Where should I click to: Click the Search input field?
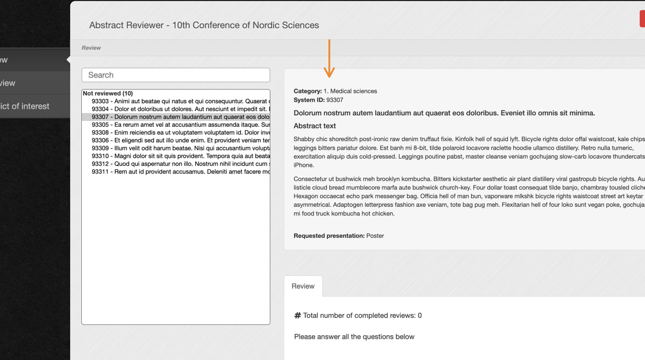coord(176,75)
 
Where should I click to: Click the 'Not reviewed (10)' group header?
coord(108,93)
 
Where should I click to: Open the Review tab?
coord(303,286)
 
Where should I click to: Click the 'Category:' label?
coord(308,91)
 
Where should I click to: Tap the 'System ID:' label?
coord(309,100)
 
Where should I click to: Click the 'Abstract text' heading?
coord(314,126)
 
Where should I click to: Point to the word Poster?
coord(375,236)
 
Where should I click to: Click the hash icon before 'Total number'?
coord(298,316)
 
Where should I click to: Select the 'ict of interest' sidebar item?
coord(25,106)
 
